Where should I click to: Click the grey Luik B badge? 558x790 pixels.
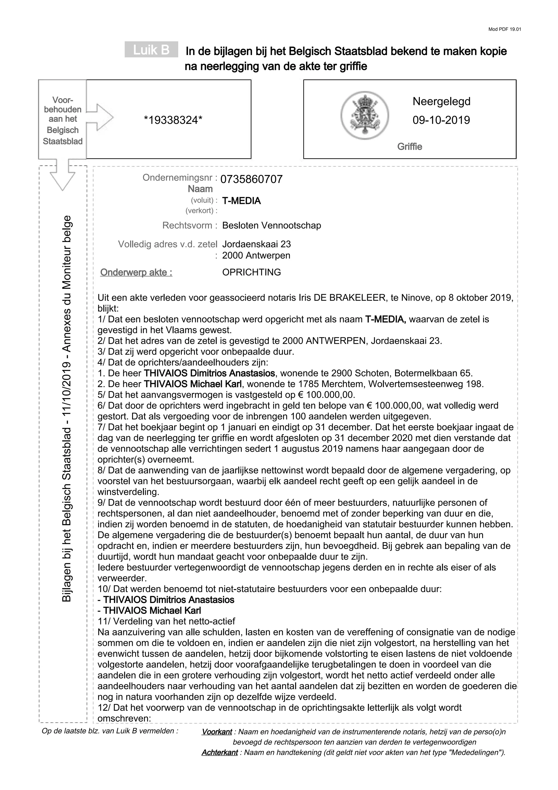tap(151, 50)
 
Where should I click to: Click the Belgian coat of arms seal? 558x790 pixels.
tap(365, 115)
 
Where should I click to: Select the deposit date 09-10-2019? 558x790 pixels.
tap(441, 120)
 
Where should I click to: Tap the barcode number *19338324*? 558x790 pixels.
tap(173, 120)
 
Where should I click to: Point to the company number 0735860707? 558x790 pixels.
tap(251, 179)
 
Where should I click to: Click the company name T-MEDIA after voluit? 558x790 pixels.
tap(241, 201)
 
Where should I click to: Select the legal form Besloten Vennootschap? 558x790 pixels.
tap(271, 225)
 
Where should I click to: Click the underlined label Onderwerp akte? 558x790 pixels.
tap(136, 273)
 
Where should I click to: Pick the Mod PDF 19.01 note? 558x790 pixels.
tap(504, 29)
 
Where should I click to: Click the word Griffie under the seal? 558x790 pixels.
tap(410, 147)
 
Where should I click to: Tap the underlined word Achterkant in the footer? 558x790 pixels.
tap(219, 752)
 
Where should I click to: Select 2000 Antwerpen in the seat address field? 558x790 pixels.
tap(256, 255)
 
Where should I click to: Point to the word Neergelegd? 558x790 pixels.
tap(441, 101)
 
